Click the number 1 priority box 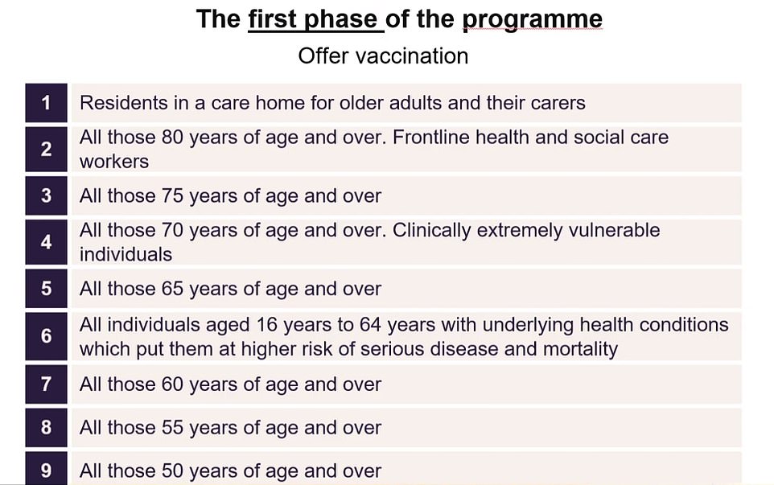46,103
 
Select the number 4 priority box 46,242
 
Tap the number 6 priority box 46,336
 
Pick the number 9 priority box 46,470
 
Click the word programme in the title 533,20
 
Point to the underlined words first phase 314,19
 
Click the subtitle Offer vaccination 383,56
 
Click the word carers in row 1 555,103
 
